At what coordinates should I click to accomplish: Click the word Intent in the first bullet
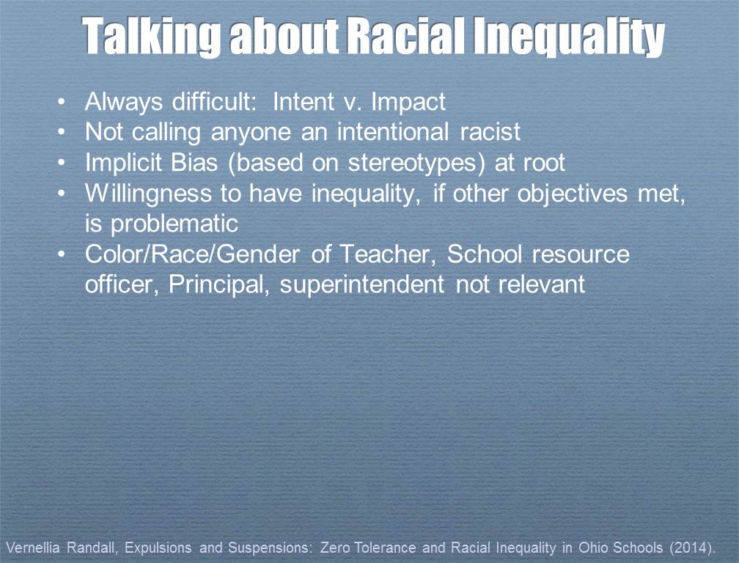pos(301,101)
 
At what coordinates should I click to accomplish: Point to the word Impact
pos(408,102)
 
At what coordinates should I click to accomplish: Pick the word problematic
pos(161,223)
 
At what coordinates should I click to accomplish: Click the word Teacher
pos(389,254)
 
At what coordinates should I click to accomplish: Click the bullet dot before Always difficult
pos(65,102)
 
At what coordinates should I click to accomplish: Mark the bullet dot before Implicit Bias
pos(65,163)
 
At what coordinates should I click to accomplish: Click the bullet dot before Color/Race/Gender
pos(65,254)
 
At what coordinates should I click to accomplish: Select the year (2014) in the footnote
pos(696,548)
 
